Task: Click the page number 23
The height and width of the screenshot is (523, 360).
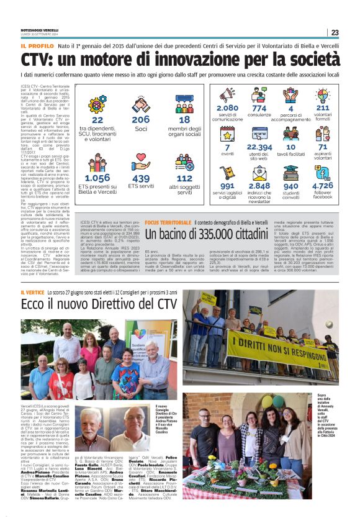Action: coord(335,32)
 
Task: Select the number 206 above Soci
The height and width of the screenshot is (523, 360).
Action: coord(141,120)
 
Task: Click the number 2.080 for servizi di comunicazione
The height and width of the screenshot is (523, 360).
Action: coord(227,108)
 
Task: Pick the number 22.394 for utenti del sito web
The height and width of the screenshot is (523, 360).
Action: coord(259,147)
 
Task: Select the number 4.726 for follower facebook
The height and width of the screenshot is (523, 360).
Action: coord(322,186)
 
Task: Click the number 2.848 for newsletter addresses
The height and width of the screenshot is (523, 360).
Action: coord(259,186)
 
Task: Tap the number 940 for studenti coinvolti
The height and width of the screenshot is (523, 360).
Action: coord(290,186)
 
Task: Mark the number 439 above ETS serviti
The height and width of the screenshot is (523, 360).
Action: coord(141,178)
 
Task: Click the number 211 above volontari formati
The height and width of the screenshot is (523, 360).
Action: coord(322,108)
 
